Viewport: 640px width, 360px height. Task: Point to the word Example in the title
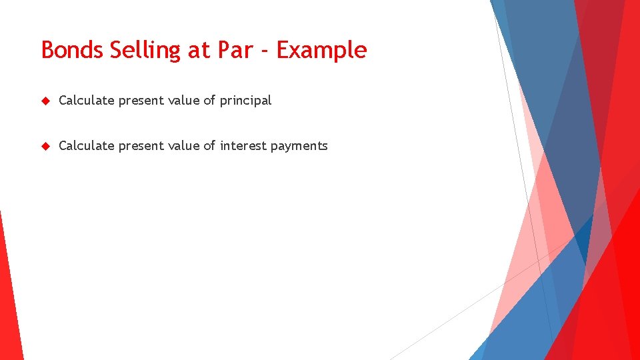[321, 50]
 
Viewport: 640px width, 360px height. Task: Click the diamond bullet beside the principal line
[45, 101]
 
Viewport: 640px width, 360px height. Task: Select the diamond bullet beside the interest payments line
[45, 146]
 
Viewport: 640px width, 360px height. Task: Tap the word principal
[245, 101]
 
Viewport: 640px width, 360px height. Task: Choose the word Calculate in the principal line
[86, 101]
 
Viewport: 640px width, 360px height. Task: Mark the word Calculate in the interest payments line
[86, 146]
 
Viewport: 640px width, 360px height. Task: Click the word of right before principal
[209, 101]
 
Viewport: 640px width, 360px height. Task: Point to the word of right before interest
[209, 146]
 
